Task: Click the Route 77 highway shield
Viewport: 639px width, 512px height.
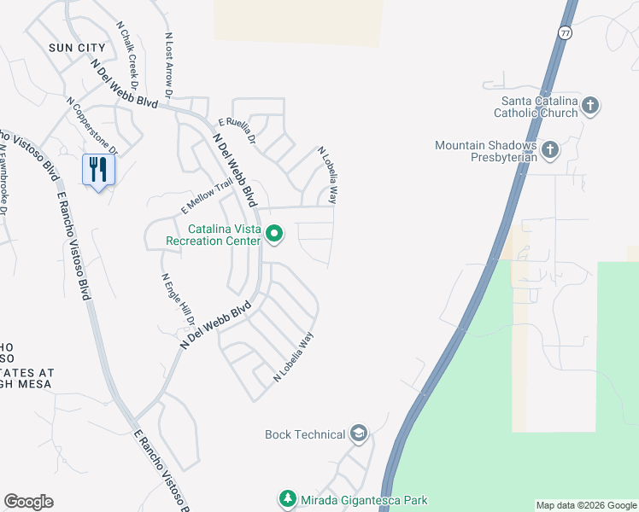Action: coord(565,32)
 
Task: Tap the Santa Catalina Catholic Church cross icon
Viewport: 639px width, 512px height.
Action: coord(590,106)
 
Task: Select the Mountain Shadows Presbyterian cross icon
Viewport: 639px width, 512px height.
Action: coord(549,150)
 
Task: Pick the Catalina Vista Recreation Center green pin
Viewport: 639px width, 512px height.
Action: coord(274,233)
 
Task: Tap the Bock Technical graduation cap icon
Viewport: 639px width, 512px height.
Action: coord(359,434)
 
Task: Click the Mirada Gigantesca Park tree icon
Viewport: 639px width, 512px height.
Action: coord(287,499)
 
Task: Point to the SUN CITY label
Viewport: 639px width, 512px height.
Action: coord(77,48)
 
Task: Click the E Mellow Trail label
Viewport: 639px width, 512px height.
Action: coord(207,197)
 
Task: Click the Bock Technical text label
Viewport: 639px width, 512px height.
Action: coord(305,434)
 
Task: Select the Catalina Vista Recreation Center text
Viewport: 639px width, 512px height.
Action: coord(226,235)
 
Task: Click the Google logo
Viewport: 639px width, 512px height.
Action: coord(28,502)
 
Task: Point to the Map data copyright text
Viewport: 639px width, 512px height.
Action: coord(586,505)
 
